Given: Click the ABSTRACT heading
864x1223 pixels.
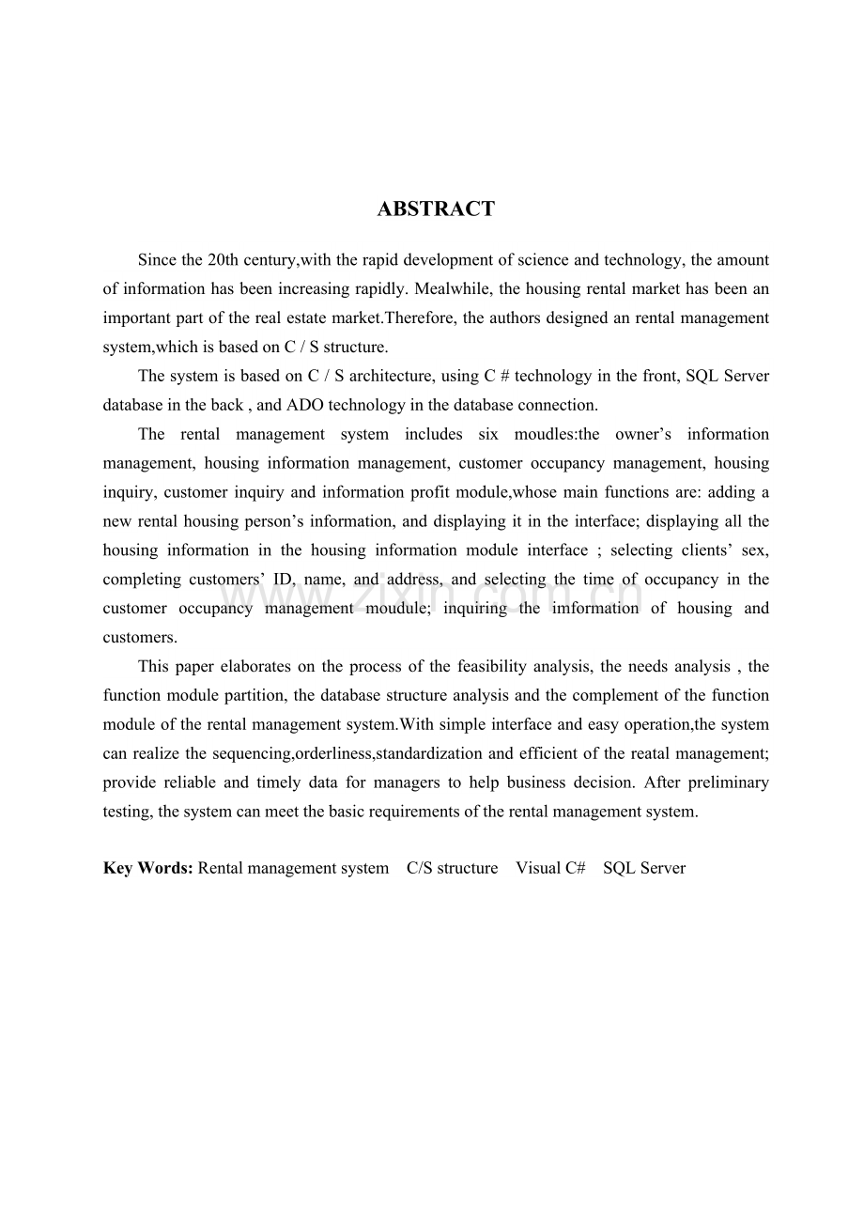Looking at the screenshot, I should tap(436, 209).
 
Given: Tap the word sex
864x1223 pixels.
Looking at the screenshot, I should tap(755, 550).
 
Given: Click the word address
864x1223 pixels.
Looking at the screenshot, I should tap(411, 579).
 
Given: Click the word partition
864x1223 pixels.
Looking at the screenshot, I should tap(259, 695).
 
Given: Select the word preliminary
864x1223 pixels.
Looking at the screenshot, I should tap(728, 782).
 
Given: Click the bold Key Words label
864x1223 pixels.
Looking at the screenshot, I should tap(148, 868).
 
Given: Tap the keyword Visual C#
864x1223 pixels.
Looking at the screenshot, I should tap(550, 868).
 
